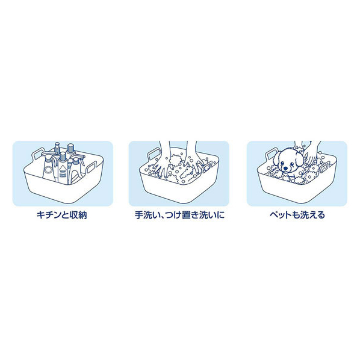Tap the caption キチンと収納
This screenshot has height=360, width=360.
(x=62, y=215)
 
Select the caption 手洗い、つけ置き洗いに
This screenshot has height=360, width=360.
(x=179, y=215)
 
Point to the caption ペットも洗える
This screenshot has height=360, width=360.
(x=297, y=215)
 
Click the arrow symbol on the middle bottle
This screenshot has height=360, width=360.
(x=62, y=169)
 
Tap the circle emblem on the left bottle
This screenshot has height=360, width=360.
(x=48, y=170)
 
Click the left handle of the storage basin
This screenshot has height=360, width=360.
(x=38, y=154)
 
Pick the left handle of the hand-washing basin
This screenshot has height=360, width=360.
(x=154, y=154)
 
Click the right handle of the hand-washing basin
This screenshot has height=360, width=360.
(x=208, y=167)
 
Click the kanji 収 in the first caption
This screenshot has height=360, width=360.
(x=74, y=215)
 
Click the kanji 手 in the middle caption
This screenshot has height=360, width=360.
(x=139, y=215)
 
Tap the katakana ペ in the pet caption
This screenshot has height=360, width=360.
(x=274, y=215)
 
